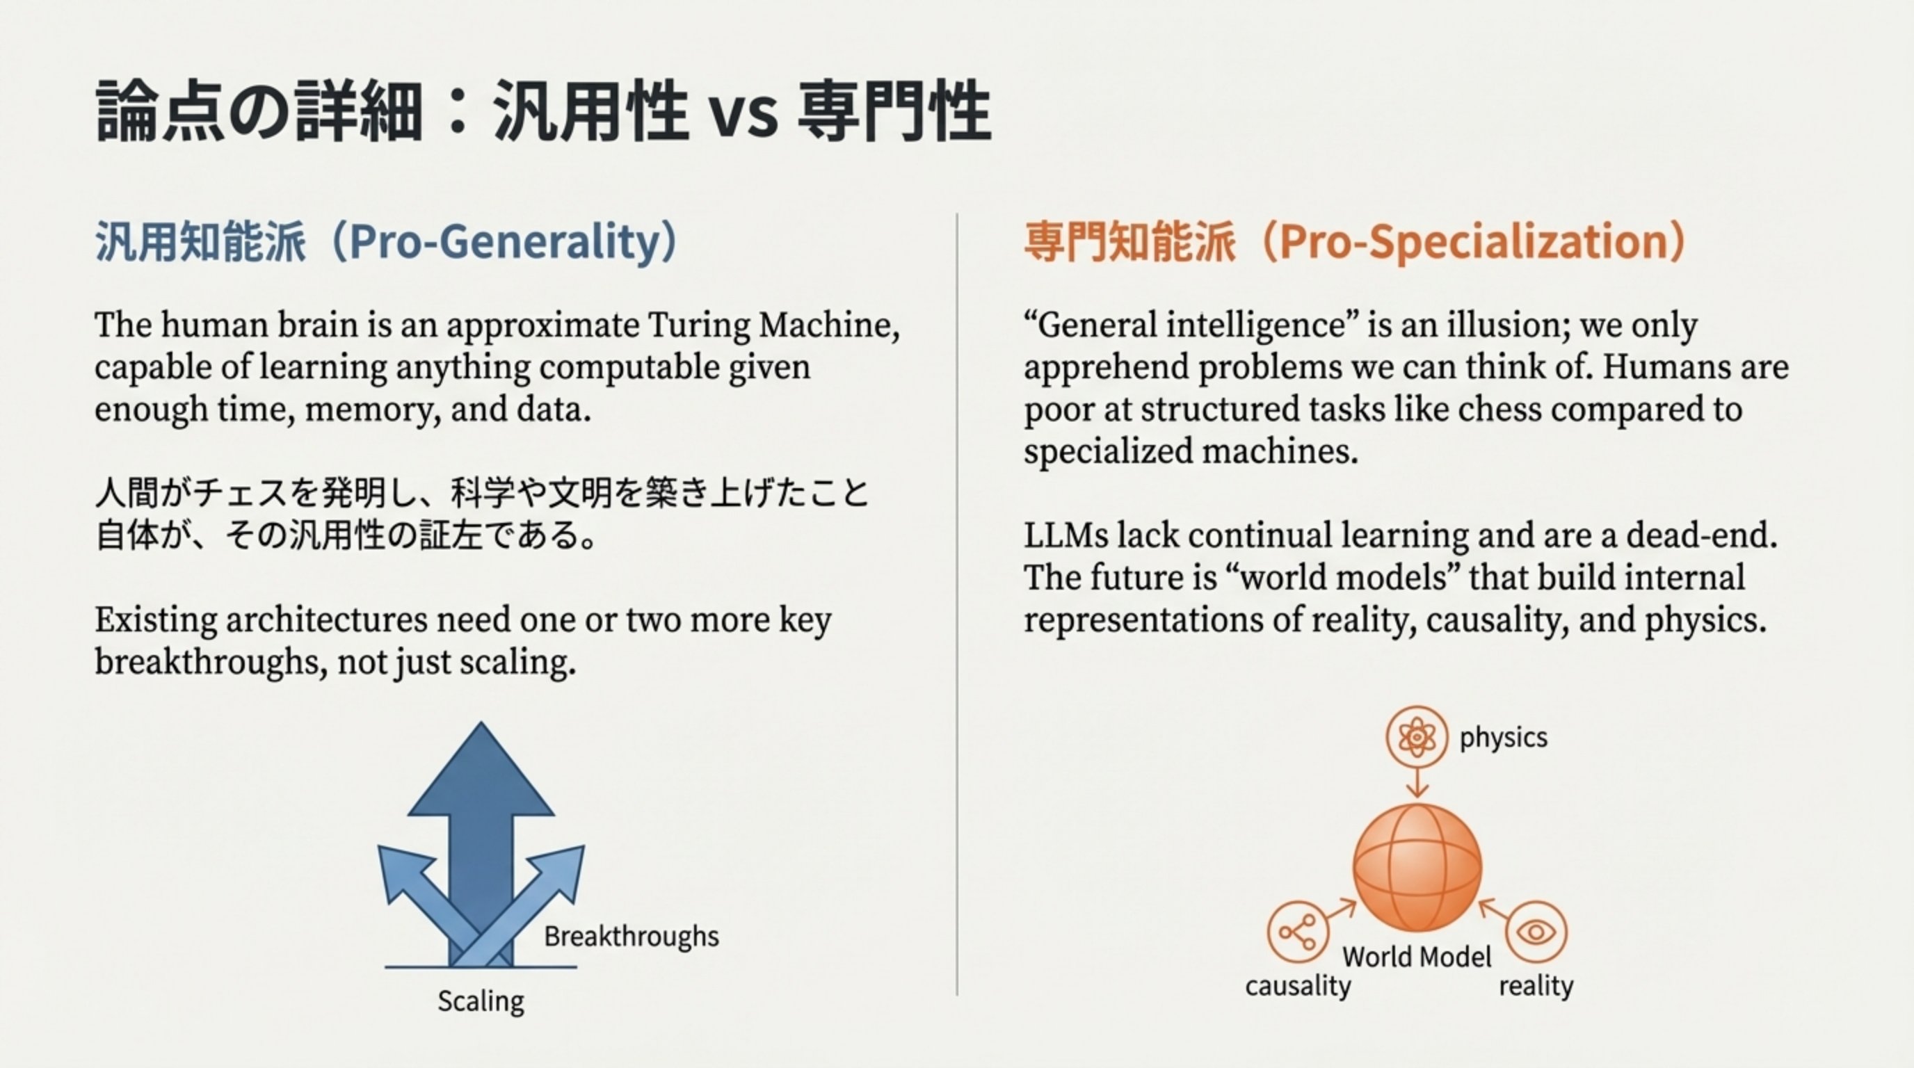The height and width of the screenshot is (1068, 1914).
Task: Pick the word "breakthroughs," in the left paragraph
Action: click(211, 662)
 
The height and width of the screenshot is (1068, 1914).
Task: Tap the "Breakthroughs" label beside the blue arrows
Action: click(631, 936)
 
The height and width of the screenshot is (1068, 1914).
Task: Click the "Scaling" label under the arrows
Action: click(481, 1001)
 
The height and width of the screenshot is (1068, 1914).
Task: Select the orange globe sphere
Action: click(1417, 868)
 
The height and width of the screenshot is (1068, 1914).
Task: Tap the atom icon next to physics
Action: click(1417, 737)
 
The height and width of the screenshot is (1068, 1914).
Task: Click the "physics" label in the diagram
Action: click(1503, 738)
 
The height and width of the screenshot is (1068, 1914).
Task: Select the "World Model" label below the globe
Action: click(1417, 957)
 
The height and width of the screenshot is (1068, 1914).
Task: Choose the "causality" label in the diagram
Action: click(1297, 987)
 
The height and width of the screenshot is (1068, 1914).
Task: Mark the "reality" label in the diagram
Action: click(1536, 987)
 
